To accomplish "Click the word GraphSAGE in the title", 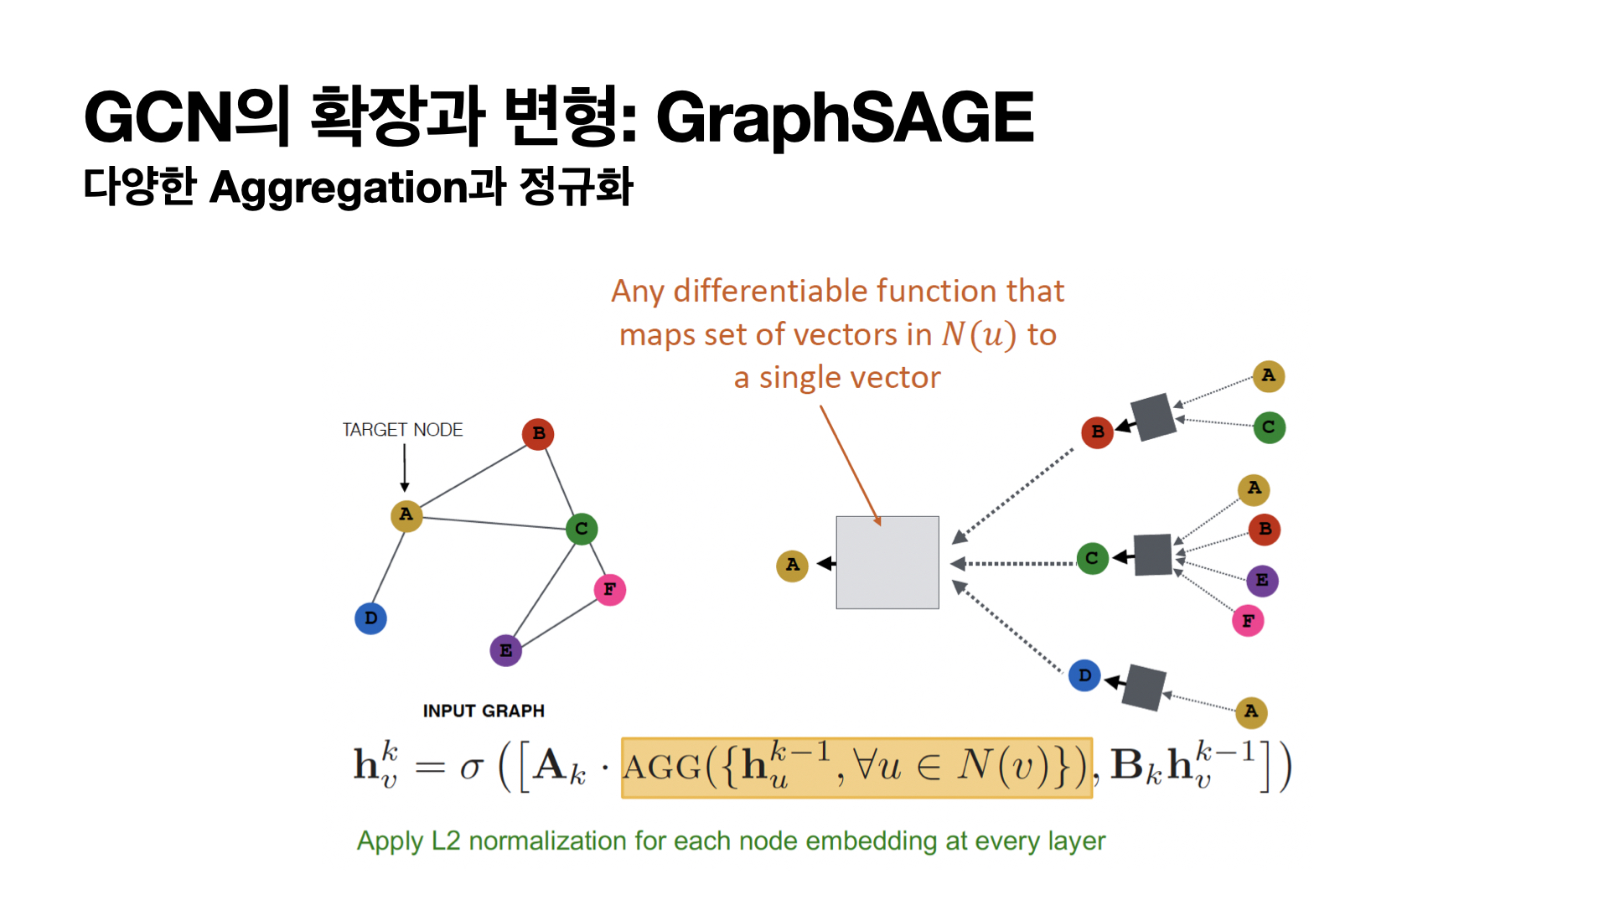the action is click(x=845, y=118).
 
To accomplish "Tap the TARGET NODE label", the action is click(x=402, y=430).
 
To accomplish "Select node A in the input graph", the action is click(x=406, y=515).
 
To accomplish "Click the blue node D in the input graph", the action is click(x=370, y=618).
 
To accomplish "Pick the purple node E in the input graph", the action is click(x=505, y=650).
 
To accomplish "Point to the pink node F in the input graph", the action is click(x=609, y=590).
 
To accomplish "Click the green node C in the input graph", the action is click(x=581, y=529).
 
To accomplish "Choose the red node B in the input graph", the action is click(x=538, y=434).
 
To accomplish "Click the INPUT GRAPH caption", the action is click(x=484, y=711).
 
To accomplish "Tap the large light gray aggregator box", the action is click(x=887, y=562).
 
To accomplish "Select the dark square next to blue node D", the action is click(x=1144, y=688).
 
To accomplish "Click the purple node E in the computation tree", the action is click(x=1262, y=581).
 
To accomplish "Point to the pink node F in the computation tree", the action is click(x=1248, y=621).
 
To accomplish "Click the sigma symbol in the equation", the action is click(x=472, y=767).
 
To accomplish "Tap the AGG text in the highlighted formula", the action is click(x=662, y=768).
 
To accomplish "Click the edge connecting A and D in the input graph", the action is click(x=388, y=567).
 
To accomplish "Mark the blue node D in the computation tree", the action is click(x=1084, y=675).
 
